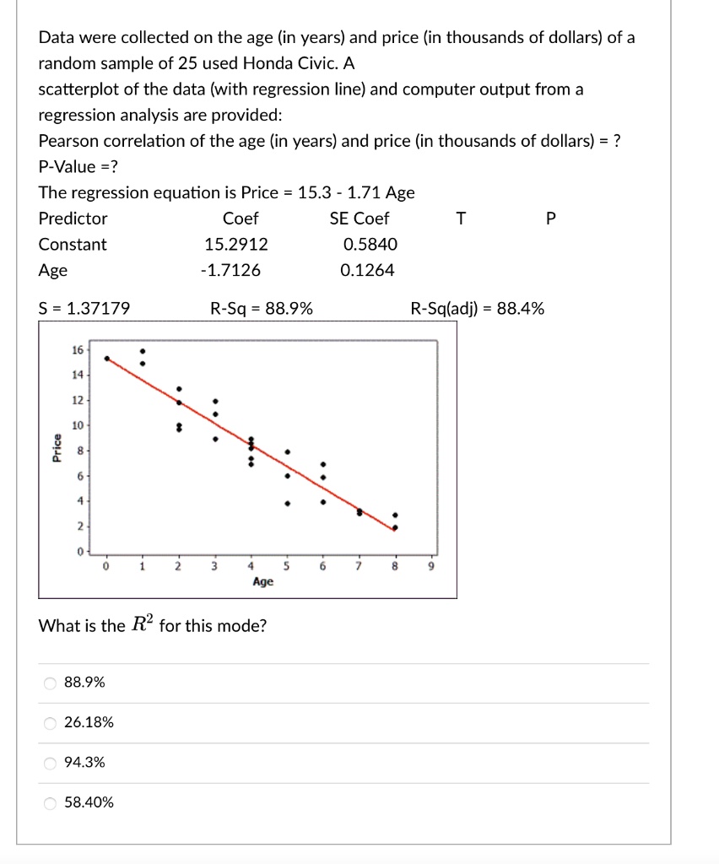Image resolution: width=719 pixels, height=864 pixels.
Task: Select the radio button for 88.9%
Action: click(x=51, y=683)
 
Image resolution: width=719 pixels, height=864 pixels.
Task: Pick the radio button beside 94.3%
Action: click(x=51, y=763)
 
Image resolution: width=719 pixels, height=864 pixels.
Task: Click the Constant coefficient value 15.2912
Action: click(x=236, y=245)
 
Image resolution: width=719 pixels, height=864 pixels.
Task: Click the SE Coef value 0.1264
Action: click(x=367, y=271)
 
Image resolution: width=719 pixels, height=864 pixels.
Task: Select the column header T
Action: click(x=460, y=219)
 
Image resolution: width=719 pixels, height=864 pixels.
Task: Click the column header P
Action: click(x=551, y=219)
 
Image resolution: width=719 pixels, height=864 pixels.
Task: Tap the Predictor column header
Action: click(x=73, y=219)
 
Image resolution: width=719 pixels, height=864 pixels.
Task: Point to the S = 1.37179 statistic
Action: click(x=84, y=309)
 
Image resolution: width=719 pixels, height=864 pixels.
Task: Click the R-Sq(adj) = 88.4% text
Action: click(x=477, y=309)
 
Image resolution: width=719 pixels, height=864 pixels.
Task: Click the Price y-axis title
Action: click(x=57, y=447)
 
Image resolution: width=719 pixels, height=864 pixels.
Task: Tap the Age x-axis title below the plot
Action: click(x=262, y=581)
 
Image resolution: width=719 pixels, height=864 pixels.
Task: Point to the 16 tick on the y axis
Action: click(x=77, y=349)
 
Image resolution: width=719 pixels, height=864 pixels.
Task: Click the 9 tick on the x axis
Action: click(x=430, y=566)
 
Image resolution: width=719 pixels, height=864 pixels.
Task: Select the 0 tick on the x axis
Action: click(x=106, y=566)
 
